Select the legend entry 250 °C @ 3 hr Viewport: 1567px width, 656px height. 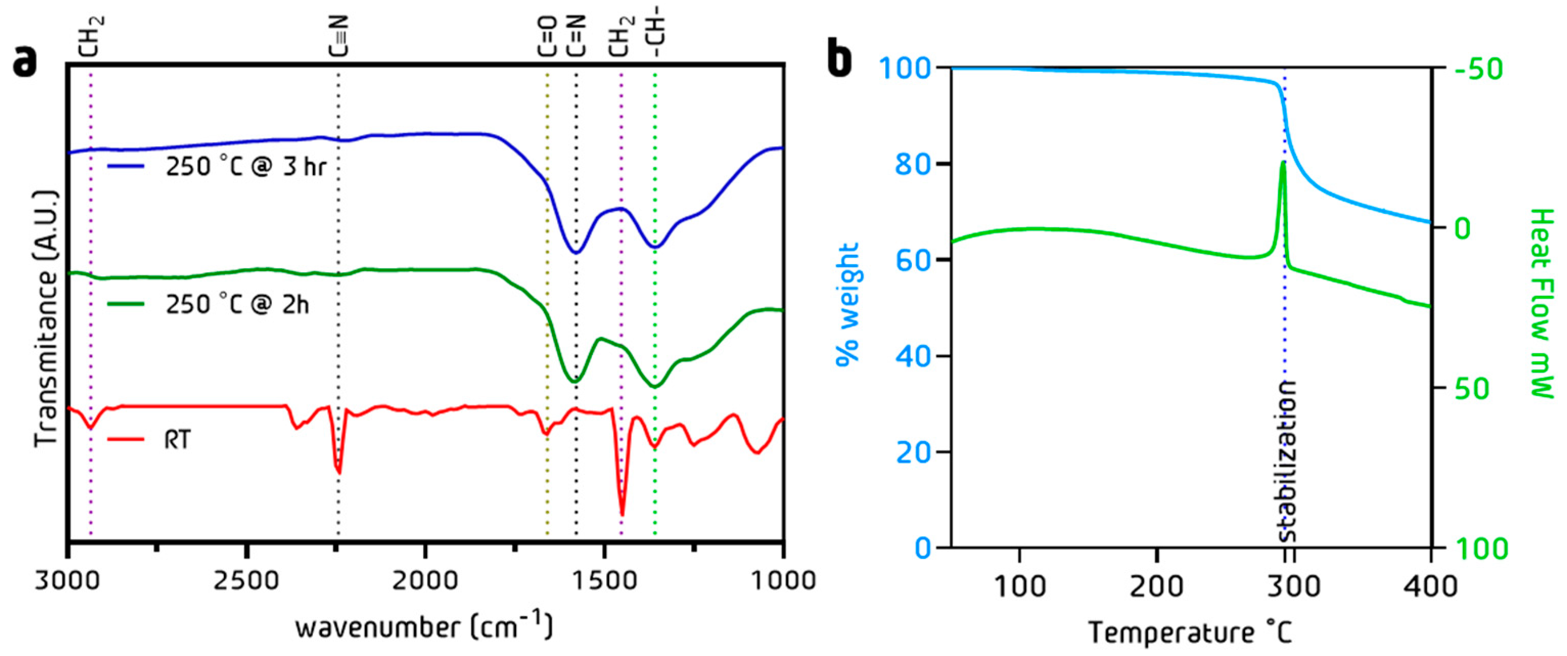pos(246,166)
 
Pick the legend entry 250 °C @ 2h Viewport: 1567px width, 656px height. pos(237,304)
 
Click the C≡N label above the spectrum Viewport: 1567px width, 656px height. pos(339,36)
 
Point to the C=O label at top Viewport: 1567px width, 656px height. pos(547,36)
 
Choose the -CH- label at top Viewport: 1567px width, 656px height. pos(657,36)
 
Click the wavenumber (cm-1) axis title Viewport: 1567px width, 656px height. pos(424,627)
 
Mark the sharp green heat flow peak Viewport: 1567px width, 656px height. pos(1283,163)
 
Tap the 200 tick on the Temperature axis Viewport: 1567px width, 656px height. pos(1157,585)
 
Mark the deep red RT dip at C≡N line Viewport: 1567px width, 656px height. pos(339,470)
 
